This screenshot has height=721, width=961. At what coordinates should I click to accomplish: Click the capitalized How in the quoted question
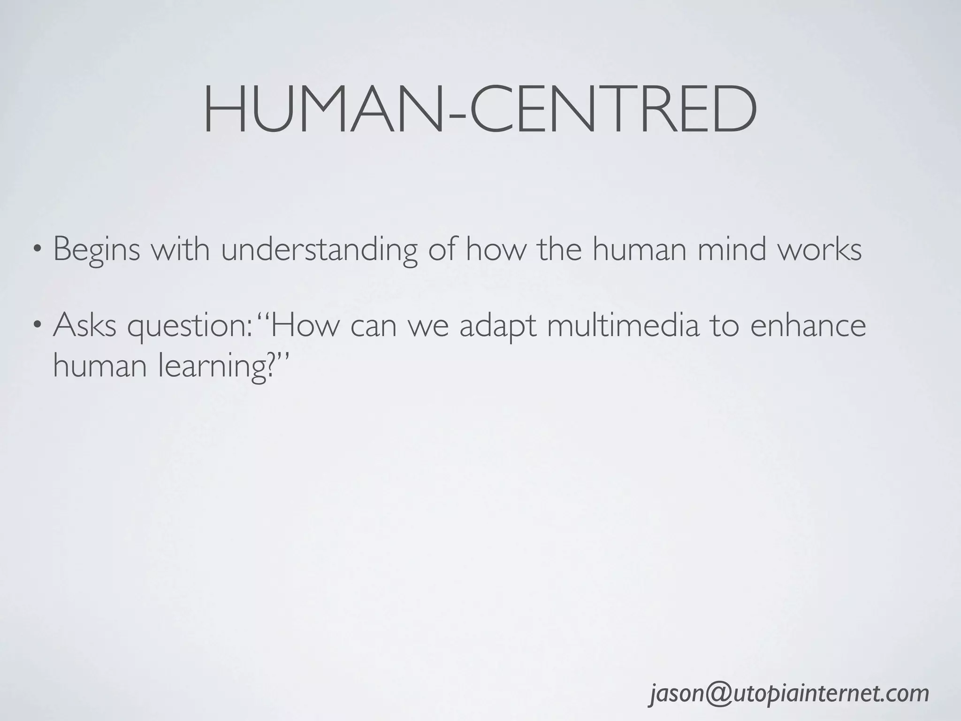(304, 325)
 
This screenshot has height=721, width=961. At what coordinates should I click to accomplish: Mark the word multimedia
(623, 325)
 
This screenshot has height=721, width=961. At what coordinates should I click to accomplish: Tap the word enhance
(808, 325)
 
